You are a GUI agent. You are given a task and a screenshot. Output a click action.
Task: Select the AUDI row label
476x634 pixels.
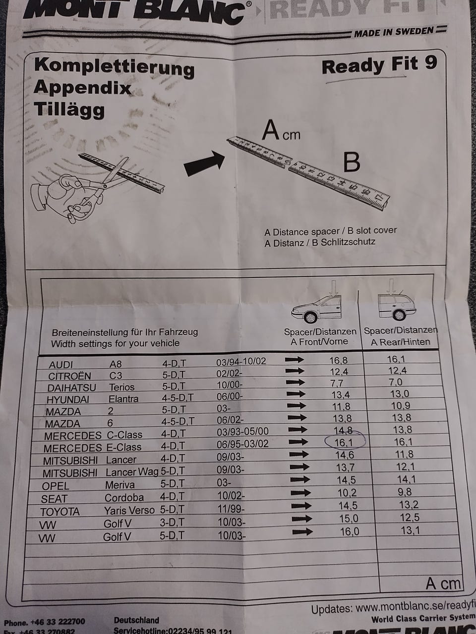(x=60, y=365)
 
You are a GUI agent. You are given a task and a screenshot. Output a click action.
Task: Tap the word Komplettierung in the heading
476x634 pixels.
(x=114, y=67)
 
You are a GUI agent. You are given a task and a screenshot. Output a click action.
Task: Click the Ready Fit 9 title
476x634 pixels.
(x=379, y=65)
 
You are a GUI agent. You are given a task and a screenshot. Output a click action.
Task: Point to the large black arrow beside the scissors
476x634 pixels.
(x=204, y=163)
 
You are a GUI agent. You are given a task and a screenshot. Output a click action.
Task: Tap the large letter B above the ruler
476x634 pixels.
(x=351, y=162)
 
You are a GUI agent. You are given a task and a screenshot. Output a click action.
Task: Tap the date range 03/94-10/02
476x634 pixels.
(x=241, y=361)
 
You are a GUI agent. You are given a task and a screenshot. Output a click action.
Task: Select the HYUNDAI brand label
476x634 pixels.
(x=68, y=399)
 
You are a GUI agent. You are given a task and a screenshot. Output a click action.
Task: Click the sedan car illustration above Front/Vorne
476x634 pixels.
(x=316, y=310)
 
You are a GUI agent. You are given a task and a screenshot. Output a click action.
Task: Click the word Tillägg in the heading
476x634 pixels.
(x=69, y=109)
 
